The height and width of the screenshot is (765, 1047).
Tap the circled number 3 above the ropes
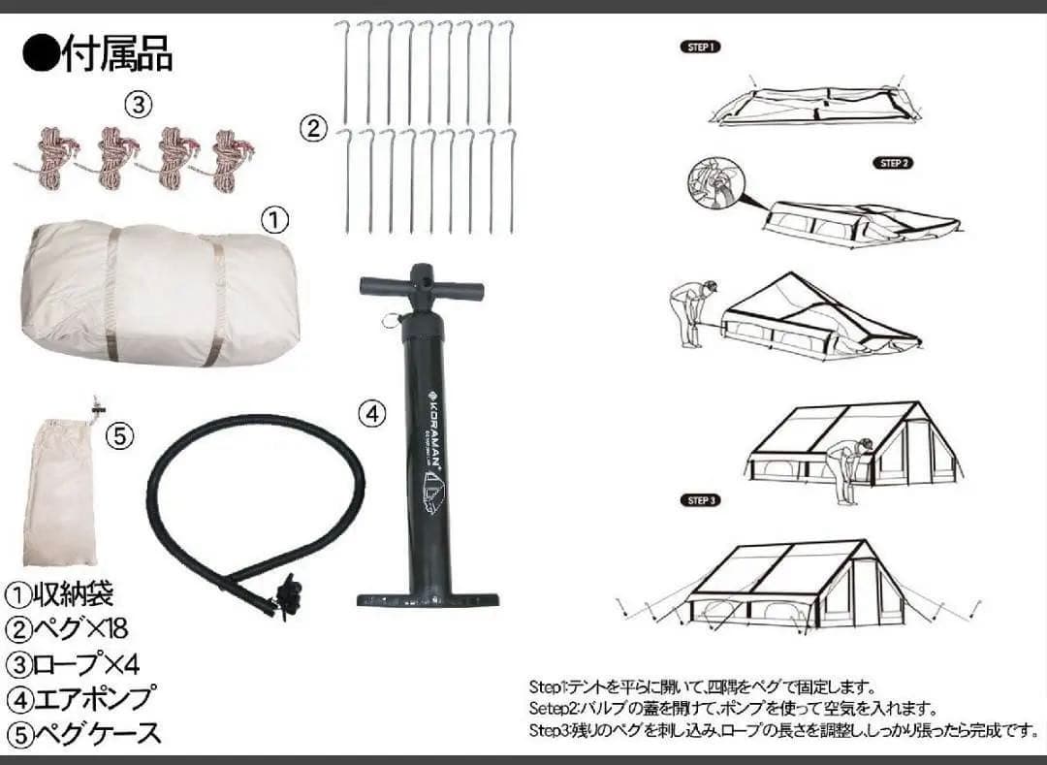tap(140, 105)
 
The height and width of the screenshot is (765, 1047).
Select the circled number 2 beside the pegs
tap(312, 127)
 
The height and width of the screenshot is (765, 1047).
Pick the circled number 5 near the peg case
tap(117, 437)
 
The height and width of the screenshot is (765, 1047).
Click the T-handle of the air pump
tap(421, 287)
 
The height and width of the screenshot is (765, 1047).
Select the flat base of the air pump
tap(428, 599)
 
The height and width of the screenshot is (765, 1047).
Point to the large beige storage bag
tap(160, 291)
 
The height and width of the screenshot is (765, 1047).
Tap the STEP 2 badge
tap(893, 163)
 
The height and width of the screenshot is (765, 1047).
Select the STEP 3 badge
tap(702, 500)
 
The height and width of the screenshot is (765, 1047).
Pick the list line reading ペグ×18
tap(68, 628)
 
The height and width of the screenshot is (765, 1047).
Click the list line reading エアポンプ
tap(81, 697)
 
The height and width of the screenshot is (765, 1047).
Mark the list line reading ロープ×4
tap(75, 663)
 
